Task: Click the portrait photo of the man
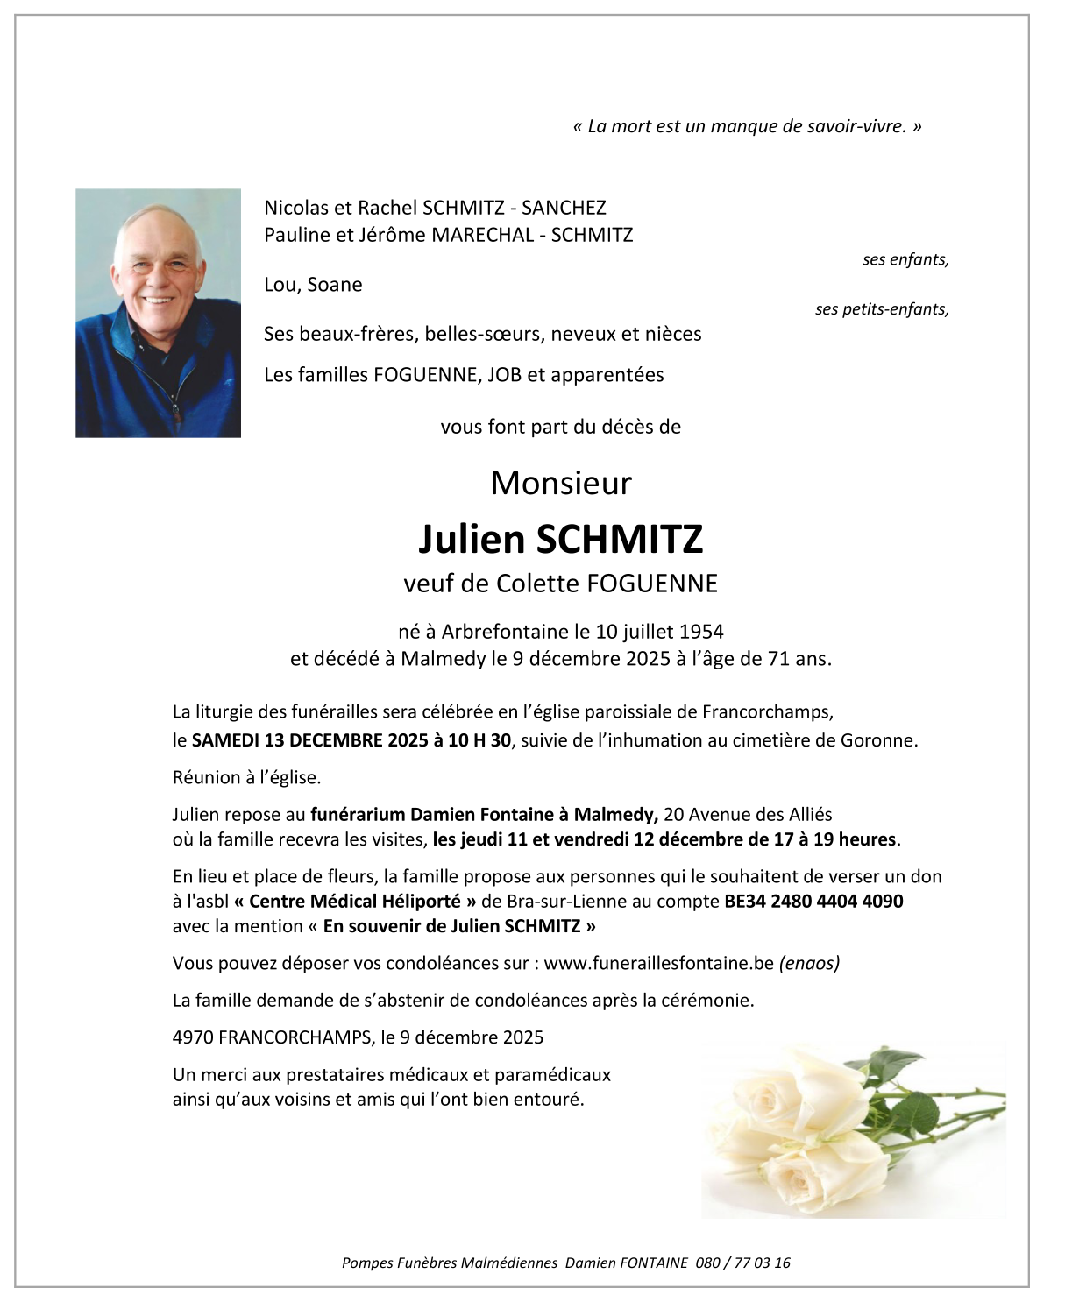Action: click(158, 313)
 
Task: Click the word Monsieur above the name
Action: click(561, 483)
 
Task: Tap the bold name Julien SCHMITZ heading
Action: click(561, 539)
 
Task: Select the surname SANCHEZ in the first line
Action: click(564, 208)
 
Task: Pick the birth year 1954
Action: click(701, 632)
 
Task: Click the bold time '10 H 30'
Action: click(479, 740)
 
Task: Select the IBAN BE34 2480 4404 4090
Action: click(813, 902)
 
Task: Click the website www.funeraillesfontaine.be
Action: click(658, 964)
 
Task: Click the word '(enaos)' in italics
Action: click(809, 964)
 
